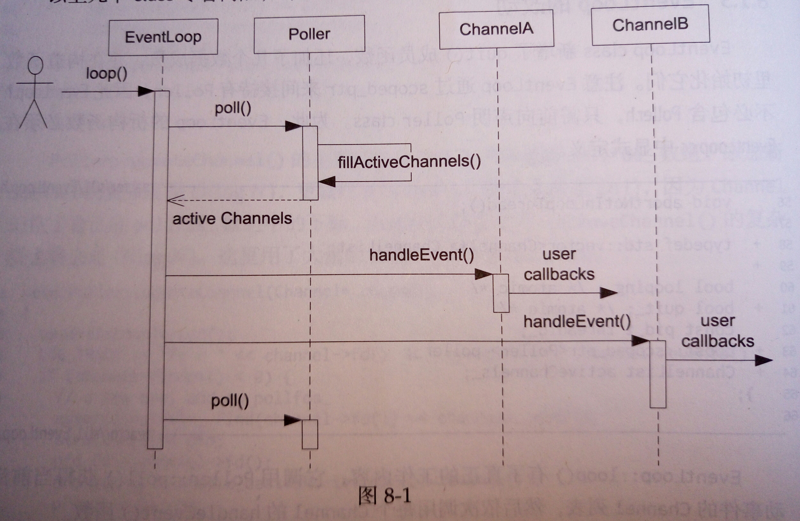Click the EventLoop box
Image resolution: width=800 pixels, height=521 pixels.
[x=163, y=37]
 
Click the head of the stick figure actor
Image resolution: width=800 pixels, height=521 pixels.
[x=35, y=65]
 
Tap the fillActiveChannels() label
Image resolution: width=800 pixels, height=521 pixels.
[x=409, y=162]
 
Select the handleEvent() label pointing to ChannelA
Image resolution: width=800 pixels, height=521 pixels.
[x=422, y=255]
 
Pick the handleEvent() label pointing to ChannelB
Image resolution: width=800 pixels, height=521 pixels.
[x=577, y=322]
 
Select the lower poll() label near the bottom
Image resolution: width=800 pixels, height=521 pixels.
[x=230, y=401]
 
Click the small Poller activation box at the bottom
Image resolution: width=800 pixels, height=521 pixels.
[x=310, y=434]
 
